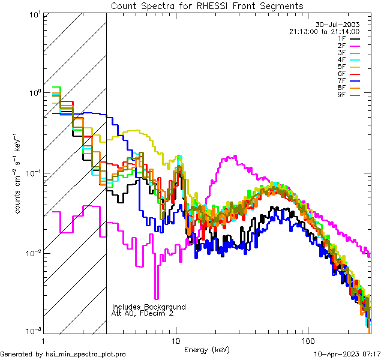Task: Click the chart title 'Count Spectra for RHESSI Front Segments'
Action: click(207, 6)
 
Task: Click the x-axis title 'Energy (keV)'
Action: click(206, 349)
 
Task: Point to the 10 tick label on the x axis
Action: click(176, 341)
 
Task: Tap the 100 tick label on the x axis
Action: click(308, 341)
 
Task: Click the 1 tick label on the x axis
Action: click(43, 341)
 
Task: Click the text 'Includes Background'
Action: click(149, 307)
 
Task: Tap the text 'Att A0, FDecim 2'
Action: click(143, 313)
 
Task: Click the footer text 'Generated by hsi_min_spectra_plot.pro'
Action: click(63, 354)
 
